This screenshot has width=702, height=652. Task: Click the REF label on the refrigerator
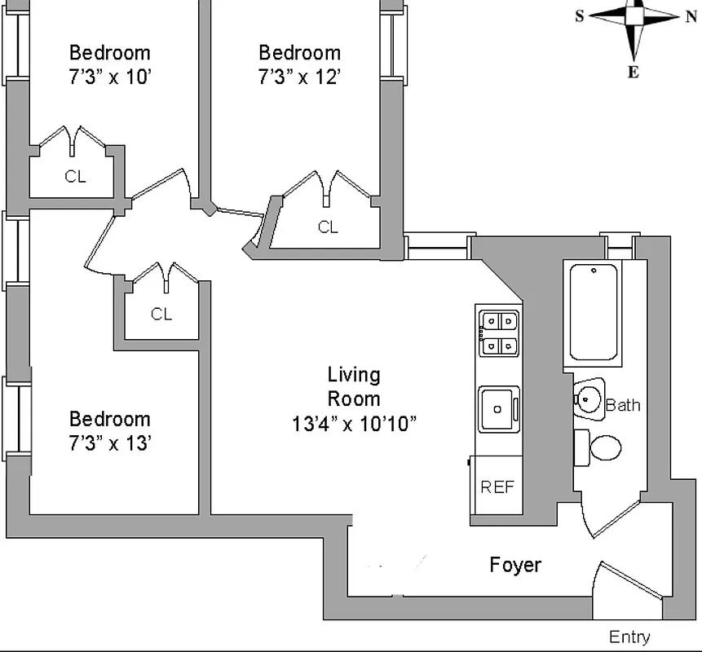(497, 487)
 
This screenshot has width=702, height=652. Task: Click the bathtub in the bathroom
(593, 311)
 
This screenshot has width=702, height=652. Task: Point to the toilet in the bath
(604, 447)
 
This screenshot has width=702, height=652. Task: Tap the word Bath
(623, 405)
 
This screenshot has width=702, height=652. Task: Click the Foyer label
(515, 565)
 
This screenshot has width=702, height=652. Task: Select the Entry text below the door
(629, 637)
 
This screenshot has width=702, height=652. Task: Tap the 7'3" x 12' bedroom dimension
(299, 77)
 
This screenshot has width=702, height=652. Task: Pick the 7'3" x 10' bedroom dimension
(110, 77)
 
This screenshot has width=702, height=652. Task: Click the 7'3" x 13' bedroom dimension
(110, 443)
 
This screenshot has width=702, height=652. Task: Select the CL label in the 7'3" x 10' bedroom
(75, 176)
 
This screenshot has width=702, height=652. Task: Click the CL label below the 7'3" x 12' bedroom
(328, 227)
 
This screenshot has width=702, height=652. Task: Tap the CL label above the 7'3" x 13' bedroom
(161, 314)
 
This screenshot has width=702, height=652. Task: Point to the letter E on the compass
(633, 73)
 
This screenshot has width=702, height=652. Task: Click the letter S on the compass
(580, 15)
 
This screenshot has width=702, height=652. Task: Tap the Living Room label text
(354, 386)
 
